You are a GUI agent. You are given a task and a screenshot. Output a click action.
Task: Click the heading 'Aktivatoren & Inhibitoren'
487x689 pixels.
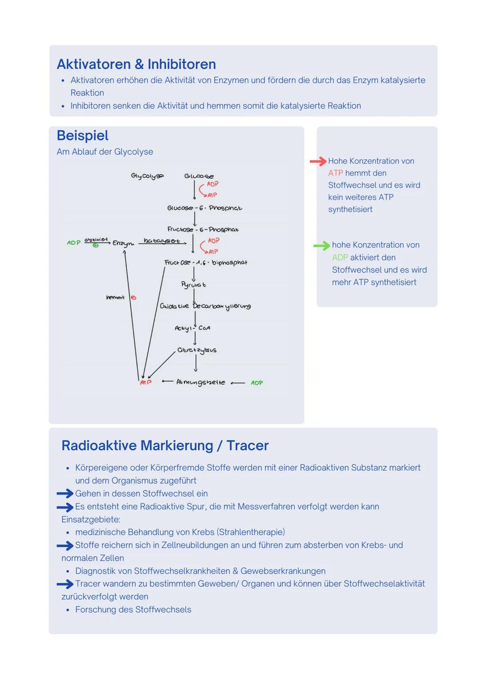pyautogui.click(x=136, y=65)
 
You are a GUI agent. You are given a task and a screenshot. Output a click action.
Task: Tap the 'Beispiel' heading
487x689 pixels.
pyautogui.click(x=83, y=135)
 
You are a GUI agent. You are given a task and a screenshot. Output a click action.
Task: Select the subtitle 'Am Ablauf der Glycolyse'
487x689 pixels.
pyautogui.click(x=105, y=152)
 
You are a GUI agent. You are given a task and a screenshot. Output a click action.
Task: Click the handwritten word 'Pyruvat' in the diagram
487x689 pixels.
pyautogui.click(x=193, y=284)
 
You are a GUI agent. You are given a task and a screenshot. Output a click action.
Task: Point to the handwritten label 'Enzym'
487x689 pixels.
pyautogui.click(x=123, y=243)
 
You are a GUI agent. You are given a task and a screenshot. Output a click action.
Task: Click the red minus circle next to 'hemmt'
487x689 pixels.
pyautogui.click(x=133, y=298)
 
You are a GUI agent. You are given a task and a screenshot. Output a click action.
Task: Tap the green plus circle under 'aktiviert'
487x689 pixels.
pyautogui.click(x=96, y=245)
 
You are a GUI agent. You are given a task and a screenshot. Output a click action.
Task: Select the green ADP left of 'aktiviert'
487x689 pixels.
pyautogui.click(x=74, y=243)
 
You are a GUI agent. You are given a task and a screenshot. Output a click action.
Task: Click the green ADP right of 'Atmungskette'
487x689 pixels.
pyautogui.click(x=257, y=383)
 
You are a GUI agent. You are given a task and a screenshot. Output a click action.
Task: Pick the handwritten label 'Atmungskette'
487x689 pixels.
pyautogui.click(x=200, y=382)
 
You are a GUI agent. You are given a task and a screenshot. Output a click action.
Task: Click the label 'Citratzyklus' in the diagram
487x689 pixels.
pyautogui.click(x=197, y=350)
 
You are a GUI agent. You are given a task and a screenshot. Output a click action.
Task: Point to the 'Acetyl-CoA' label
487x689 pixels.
pyautogui.click(x=193, y=328)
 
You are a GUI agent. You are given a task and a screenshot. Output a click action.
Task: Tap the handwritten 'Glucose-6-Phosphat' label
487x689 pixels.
pyautogui.click(x=204, y=208)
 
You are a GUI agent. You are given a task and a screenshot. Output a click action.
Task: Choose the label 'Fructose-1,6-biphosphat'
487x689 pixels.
pyautogui.click(x=206, y=263)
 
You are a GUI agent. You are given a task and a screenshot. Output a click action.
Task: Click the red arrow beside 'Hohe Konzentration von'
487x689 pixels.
pyautogui.click(x=318, y=161)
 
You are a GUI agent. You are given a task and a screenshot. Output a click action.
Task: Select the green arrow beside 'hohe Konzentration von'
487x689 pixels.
pyautogui.click(x=322, y=245)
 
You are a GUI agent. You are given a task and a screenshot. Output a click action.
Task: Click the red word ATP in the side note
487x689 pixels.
pyautogui.click(x=335, y=173)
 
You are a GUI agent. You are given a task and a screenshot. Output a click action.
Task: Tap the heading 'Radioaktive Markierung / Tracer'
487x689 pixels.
pyautogui.click(x=165, y=446)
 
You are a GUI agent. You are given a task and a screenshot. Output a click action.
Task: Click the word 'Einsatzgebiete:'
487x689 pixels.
pyautogui.click(x=91, y=519)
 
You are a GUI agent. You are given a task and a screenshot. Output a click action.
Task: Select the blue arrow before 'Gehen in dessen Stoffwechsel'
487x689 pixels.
pyautogui.click(x=65, y=494)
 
